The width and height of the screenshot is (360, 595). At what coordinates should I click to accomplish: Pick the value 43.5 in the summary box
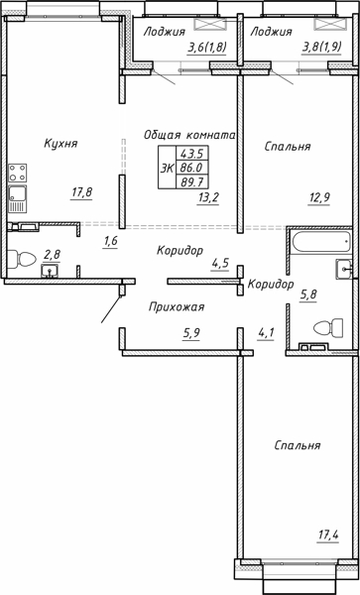191,154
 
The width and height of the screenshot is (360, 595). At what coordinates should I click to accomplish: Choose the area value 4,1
266,333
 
